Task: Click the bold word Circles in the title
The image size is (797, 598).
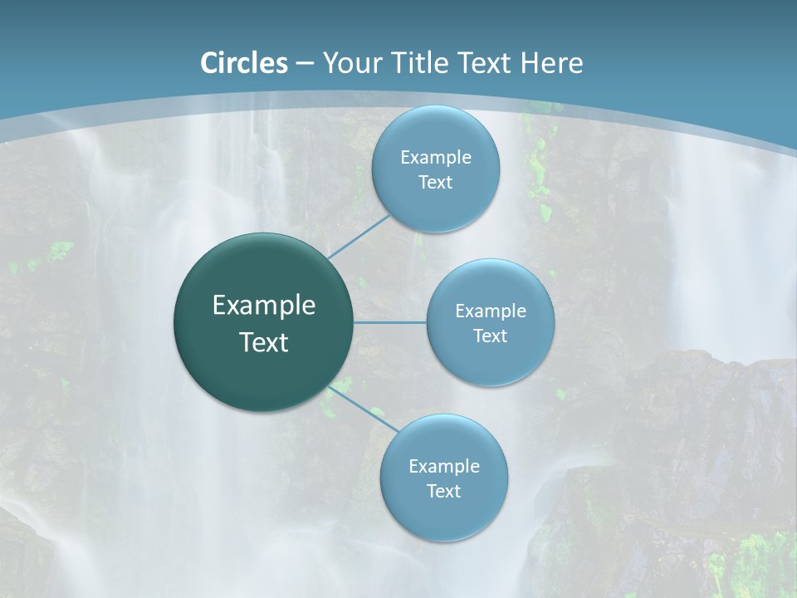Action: click(x=244, y=63)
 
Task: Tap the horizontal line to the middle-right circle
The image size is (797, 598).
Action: click(x=389, y=322)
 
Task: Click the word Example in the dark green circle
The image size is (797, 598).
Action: click(x=264, y=306)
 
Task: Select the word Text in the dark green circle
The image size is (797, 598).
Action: click(x=264, y=342)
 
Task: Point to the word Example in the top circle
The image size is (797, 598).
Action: click(x=435, y=158)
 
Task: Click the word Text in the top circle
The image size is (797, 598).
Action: click(x=435, y=183)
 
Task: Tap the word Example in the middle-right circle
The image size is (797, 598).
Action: click(x=490, y=311)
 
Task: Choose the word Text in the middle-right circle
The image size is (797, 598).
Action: click(x=490, y=336)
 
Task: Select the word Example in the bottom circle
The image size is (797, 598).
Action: click(x=443, y=467)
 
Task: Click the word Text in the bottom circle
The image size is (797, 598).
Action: click(x=443, y=492)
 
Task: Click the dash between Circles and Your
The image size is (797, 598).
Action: click(x=305, y=64)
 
